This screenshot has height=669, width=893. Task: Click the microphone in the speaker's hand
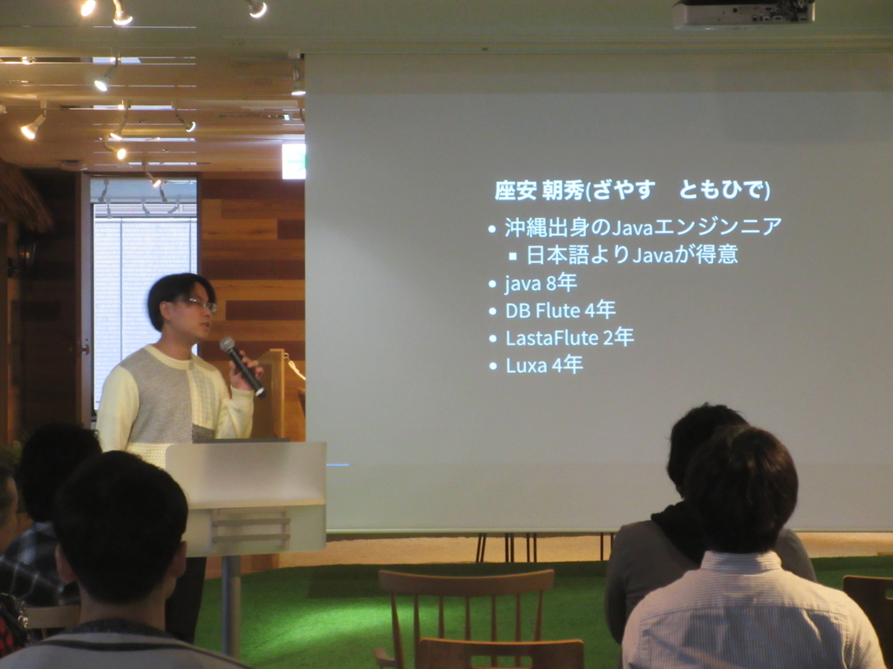242,366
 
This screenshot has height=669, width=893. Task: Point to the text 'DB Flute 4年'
561,311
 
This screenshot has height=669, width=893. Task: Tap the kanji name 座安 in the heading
515,191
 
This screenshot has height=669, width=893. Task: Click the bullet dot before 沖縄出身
493,229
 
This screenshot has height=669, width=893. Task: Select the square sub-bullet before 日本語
513,257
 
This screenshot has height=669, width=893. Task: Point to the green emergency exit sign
294,161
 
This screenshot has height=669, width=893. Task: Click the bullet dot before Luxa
494,366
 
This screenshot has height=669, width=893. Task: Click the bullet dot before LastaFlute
494,339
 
